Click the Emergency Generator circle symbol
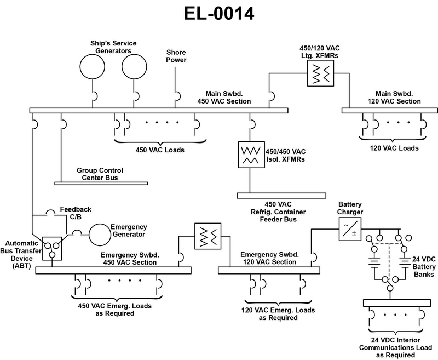100,234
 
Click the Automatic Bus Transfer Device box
53,248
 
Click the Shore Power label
176,56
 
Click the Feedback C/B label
76,213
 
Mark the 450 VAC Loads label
160,150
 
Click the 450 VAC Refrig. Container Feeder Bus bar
281,195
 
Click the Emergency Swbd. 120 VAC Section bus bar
269,270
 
